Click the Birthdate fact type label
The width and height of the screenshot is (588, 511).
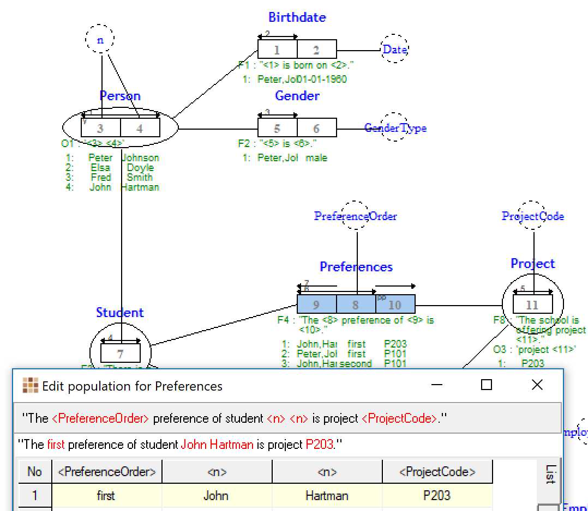pyautogui.click(x=297, y=17)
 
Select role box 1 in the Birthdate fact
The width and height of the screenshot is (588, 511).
pyautogui.click(x=277, y=50)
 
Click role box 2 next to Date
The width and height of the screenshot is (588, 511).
pyautogui.click(x=316, y=50)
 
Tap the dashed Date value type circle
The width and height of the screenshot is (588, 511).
pyautogui.click(x=394, y=50)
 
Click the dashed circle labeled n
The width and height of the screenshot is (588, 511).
pyautogui.click(x=100, y=39)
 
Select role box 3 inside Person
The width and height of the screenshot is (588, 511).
pyautogui.click(x=100, y=129)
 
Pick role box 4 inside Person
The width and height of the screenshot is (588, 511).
pyautogui.click(x=140, y=129)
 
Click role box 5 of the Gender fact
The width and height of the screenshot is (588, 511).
pyautogui.click(x=277, y=129)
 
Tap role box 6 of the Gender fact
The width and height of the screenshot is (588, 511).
pyautogui.click(x=316, y=129)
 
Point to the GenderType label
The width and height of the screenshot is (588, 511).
pyautogui.click(x=395, y=128)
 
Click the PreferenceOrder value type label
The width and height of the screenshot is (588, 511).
pyautogui.click(x=356, y=216)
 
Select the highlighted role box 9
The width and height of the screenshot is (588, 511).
pyautogui.click(x=316, y=305)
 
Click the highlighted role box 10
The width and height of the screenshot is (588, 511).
pyautogui.click(x=395, y=305)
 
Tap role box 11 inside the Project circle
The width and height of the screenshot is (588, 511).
pyautogui.click(x=532, y=305)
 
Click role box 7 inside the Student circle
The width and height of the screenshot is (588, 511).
pyautogui.click(x=120, y=353)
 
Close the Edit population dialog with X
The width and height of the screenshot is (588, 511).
pyautogui.click(x=537, y=385)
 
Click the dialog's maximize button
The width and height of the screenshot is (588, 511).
pyautogui.click(x=487, y=385)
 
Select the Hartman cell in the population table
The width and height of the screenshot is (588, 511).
pyautogui.click(x=327, y=496)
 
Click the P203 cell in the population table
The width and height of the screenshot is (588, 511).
pyautogui.click(x=437, y=496)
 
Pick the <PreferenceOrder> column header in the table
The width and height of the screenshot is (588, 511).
pyautogui.click(x=107, y=472)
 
